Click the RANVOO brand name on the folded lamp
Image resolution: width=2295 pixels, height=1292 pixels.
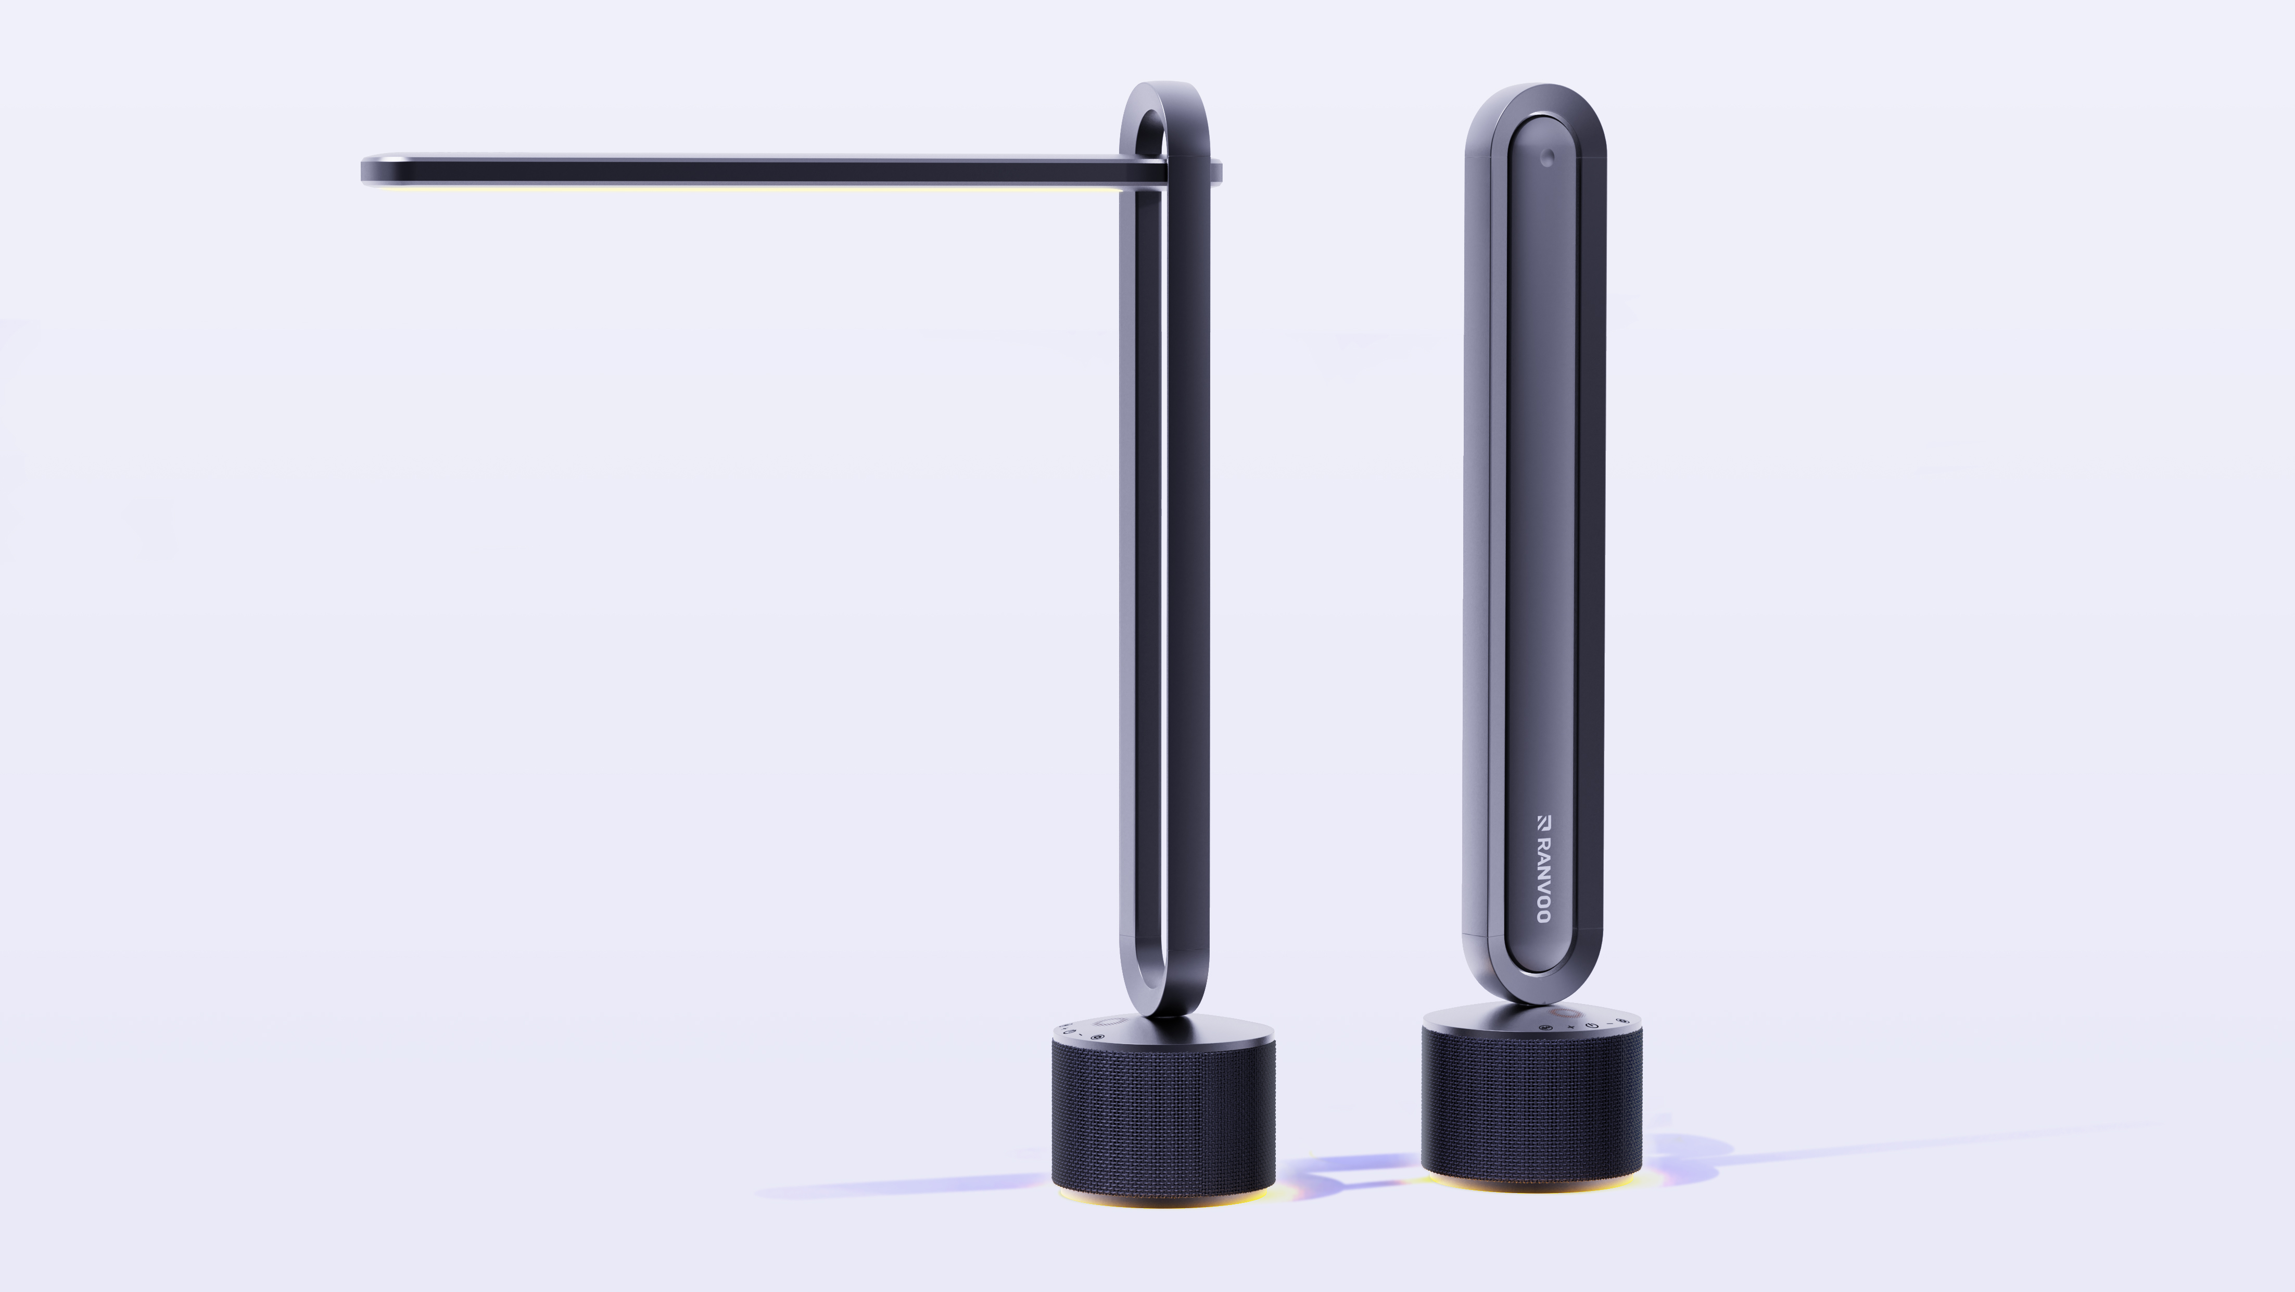point(1543,880)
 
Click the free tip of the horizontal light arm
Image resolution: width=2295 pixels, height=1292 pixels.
point(367,170)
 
